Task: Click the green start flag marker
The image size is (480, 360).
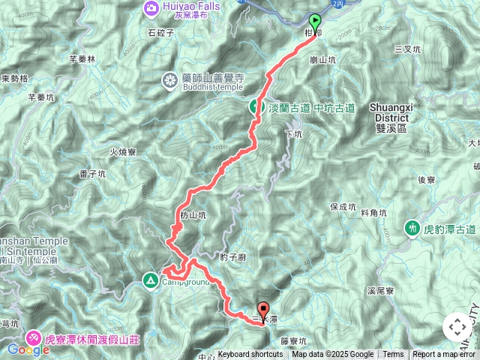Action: click(x=315, y=22)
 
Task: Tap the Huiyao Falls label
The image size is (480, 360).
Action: click(x=180, y=7)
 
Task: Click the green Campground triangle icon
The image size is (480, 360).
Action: click(x=151, y=280)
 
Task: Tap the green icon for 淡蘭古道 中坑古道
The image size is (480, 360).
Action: click(x=256, y=107)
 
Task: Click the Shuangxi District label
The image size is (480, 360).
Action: click(x=390, y=112)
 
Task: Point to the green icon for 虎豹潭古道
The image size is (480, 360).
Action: click(x=412, y=227)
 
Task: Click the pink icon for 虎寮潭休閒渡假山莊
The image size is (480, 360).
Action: click(x=33, y=339)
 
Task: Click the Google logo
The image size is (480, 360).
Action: click(x=28, y=349)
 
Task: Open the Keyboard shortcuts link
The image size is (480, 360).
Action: click(x=250, y=355)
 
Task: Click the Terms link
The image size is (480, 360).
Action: click(x=393, y=355)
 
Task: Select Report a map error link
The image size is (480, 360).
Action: click(x=445, y=355)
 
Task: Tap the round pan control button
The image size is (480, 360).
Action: click(x=457, y=327)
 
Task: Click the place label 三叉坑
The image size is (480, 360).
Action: click(x=407, y=49)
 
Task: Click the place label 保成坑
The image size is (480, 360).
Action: click(x=342, y=206)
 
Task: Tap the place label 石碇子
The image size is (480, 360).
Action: click(x=160, y=33)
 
